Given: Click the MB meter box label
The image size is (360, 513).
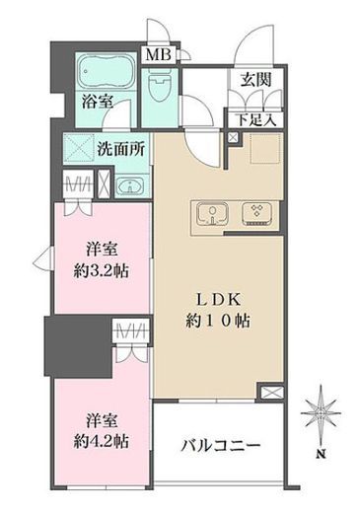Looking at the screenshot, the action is (x=159, y=55).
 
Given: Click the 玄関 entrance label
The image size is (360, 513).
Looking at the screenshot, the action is (x=255, y=79).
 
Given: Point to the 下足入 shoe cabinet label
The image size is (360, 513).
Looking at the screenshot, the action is (x=255, y=120).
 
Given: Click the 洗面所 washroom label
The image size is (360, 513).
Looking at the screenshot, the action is (x=120, y=150).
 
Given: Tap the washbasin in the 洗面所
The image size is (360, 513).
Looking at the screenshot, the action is (x=130, y=186).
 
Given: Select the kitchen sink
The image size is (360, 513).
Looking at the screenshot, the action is (x=213, y=215).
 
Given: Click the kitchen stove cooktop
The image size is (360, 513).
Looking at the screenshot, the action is (x=256, y=214).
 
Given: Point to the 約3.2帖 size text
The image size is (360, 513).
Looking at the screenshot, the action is (x=102, y=271).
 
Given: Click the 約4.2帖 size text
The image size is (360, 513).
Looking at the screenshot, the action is (x=102, y=441).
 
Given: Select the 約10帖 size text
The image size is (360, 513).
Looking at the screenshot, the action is (x=218, y=321).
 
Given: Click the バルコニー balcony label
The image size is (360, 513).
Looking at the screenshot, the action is (x=221, y=446).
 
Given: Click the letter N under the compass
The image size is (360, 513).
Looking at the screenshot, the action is (x=322, y=455).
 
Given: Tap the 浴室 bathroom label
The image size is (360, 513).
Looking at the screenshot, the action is (x=98, y=102).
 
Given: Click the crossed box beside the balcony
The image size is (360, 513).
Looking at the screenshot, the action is (x=271, y=393).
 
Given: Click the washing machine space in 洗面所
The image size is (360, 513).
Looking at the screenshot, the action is (x=79, y=148).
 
